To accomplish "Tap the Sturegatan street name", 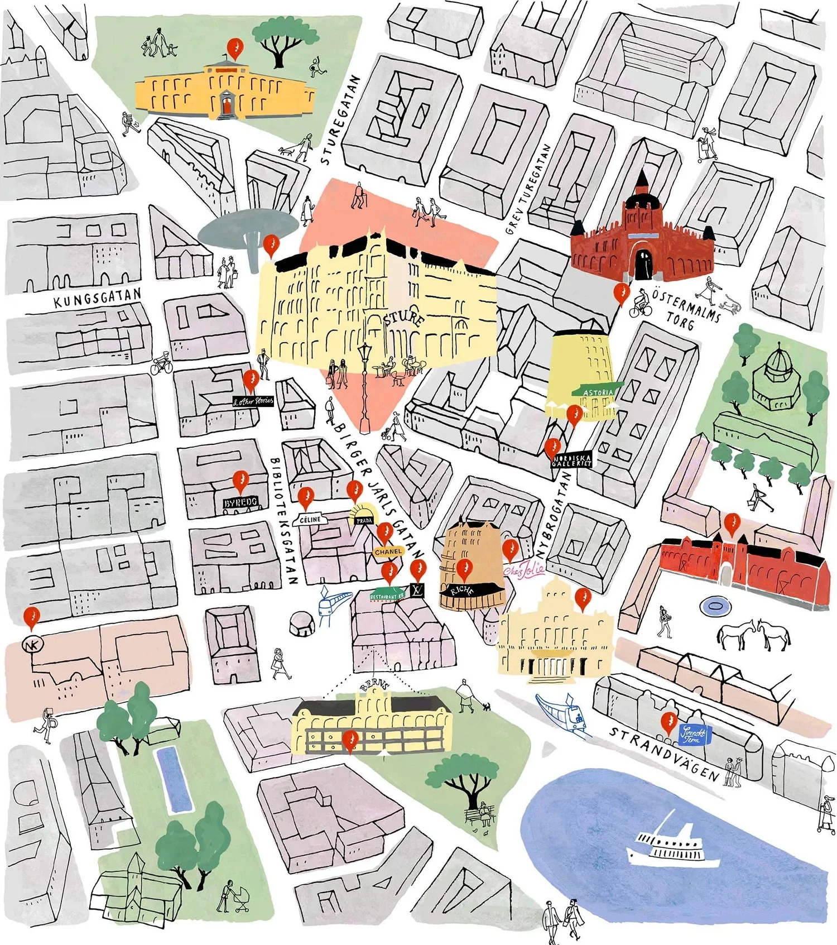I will coord(340,120).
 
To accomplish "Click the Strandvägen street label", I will coord(664,754).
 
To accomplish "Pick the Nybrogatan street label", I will coord(555,514).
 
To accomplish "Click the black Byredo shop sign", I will coord(241,502).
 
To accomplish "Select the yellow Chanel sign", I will coord(388,551).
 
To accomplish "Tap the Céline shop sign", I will coord(310,519).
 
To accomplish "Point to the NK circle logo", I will coord(32,645).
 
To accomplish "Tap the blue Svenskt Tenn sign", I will coord(694,735).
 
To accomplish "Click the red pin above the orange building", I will coord(235,49).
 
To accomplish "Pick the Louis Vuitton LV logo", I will coord(417,591).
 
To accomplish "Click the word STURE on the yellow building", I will coord(403,318).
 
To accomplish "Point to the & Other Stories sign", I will coord(253,401).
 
